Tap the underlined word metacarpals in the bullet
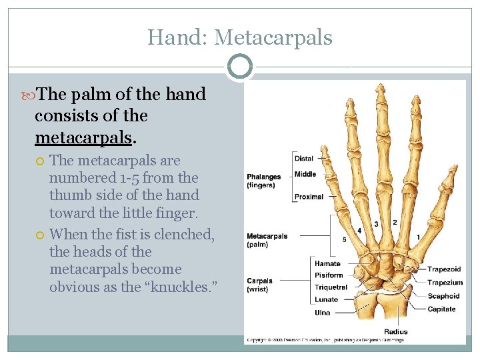point(83,137)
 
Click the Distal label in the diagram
point(304,159)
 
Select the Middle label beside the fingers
point(305,174)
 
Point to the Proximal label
point(309,197)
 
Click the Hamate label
point(327,264)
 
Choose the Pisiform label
point(329,275)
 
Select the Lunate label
point(326,299)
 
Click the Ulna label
point(323,312)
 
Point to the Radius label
point(396,331)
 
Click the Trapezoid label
point(445,269)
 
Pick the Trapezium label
point(445,283)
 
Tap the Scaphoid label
point(443,296)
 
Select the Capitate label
point(441,309)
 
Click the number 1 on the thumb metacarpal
point(419,237)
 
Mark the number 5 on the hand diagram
point(344,239)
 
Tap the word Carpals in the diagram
point(259,281)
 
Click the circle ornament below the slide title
point(240,67)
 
